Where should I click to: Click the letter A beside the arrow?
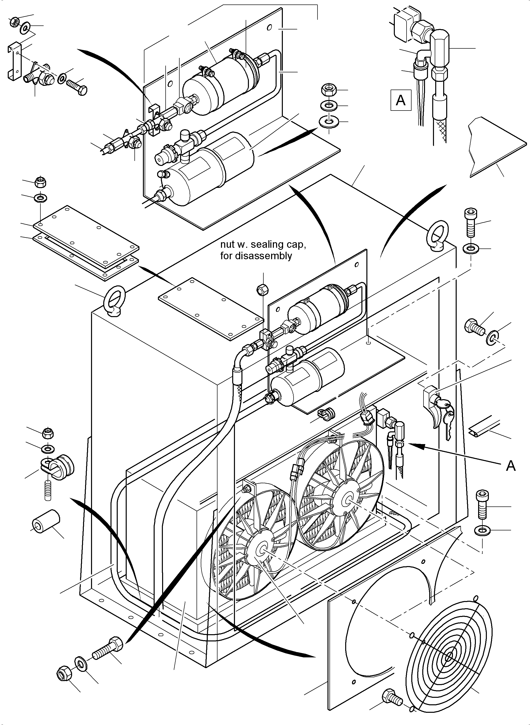click(511, 466)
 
